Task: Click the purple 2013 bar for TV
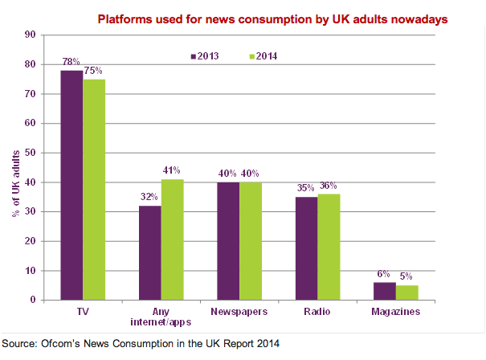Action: tap(71, 185)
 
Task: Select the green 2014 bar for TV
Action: tap(94, 190)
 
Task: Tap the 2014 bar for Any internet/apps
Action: tap(173, 239)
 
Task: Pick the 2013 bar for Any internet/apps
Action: tap(150, 253)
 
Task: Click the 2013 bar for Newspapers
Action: tap(228, 241)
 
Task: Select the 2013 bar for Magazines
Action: tap(386, 291)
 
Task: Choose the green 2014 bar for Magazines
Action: tap(407, 292)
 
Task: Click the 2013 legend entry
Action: tap(205, 56)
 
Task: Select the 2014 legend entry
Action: tap(263, 56)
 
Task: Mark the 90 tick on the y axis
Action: tap(30, 35)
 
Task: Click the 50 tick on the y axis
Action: tap(30, 153)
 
